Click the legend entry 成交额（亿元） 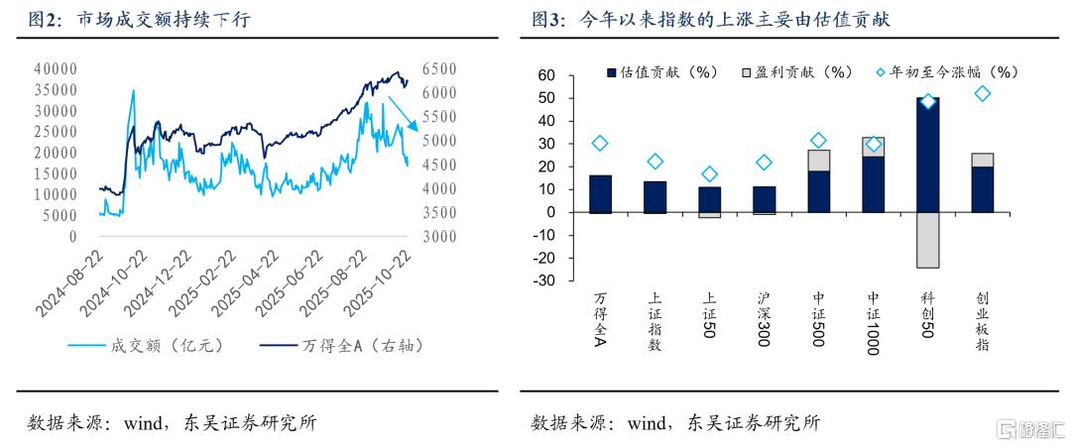point(149,346)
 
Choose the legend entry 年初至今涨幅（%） point(948,72)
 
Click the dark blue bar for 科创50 point(927,155)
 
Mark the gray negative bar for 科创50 point(927,240)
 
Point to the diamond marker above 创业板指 point(982,94)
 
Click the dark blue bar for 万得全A point(600,193)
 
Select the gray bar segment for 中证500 point(818,161)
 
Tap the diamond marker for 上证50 point(709,174)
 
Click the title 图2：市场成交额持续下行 point(139,19)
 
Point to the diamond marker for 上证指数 point(654,162)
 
